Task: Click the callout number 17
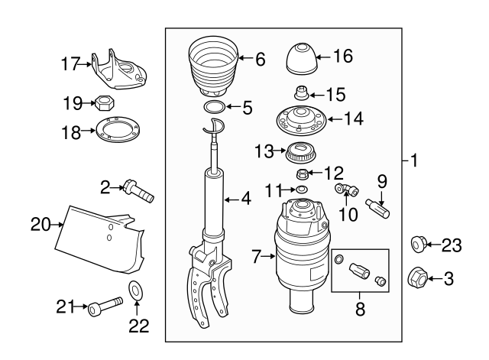coord(70,66)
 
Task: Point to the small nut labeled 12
coord(302,174)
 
